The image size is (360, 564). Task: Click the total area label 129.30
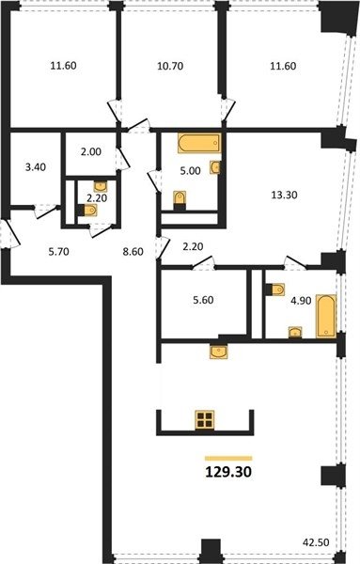[228, 472]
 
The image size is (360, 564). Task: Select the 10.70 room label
[170, 66]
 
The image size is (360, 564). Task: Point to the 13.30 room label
[284, 195]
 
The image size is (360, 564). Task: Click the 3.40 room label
[36, 167]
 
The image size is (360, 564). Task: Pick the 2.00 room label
[90, 151]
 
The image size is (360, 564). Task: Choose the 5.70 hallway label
[58, 252]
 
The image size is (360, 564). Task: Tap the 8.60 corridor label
[133, 252]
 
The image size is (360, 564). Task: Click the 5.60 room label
[203, 300]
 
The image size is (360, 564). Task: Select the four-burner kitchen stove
[205, 420]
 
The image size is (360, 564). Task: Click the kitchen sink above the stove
[219, 352]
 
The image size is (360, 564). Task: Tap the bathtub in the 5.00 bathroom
[199, 143]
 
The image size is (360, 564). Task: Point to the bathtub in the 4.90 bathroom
[326, 316]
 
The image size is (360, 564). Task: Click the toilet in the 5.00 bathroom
[180, 200]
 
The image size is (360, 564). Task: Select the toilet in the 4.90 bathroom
[275, 290]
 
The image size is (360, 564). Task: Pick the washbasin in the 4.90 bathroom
[295, 333]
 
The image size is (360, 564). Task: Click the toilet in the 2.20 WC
[87, 211]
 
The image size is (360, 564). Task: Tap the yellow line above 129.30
[228, 459]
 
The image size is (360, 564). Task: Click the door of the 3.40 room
[47, 211]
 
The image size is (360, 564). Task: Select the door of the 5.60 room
[203, 262]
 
